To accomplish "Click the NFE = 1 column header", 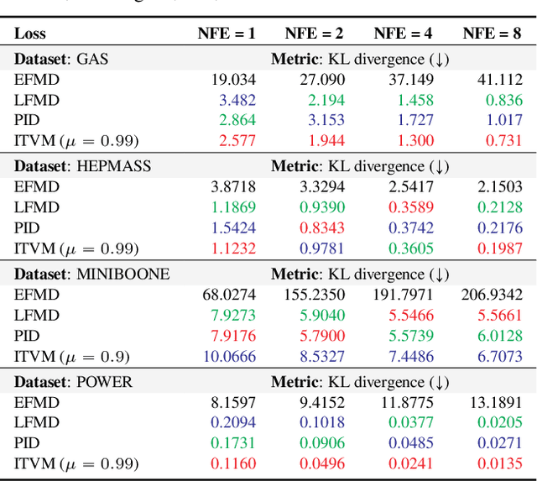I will click(x=226, y=34).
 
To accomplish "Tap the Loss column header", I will click(x=30, y=34).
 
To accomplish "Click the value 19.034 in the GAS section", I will click(x=233, y=80).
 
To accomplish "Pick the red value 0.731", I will click(x=504, y=140).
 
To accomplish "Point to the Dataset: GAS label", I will click(x=61, y=59).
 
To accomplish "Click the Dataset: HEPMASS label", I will click(x=82, y=166).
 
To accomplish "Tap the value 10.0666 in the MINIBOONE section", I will click(x=229, y=356).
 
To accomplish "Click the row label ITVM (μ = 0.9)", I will click(x=72, y=356).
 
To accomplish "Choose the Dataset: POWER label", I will click(x=73, y=382).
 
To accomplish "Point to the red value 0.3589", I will click(x=410, y=207).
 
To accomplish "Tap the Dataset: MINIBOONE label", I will click(x=91, y=274).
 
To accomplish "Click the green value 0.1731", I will click(x=233, y=442).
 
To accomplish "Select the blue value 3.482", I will click(x=237, y=100).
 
